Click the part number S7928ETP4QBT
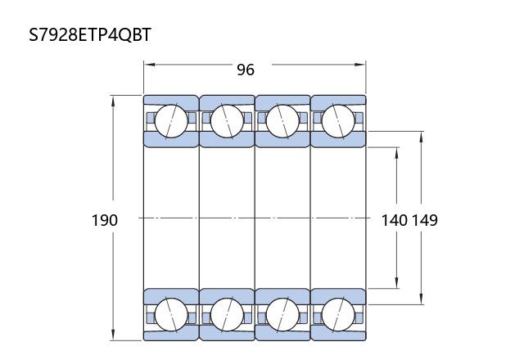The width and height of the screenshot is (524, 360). (x=90, y=34)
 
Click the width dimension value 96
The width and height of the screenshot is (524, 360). (x=246, y=70)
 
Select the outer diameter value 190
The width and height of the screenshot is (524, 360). (x=105, y=220)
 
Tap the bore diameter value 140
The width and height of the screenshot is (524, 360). (x=395, y=220)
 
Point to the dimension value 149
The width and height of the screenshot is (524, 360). (x=424, y=220)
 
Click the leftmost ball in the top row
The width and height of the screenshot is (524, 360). (x=171, y=121)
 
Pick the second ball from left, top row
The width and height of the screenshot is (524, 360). (x=227, y=121)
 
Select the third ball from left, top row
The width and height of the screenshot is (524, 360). (x=282, y=121)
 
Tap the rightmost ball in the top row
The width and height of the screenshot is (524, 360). (x=338, y=121)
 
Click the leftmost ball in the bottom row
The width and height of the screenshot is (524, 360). (x=171, y=315)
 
